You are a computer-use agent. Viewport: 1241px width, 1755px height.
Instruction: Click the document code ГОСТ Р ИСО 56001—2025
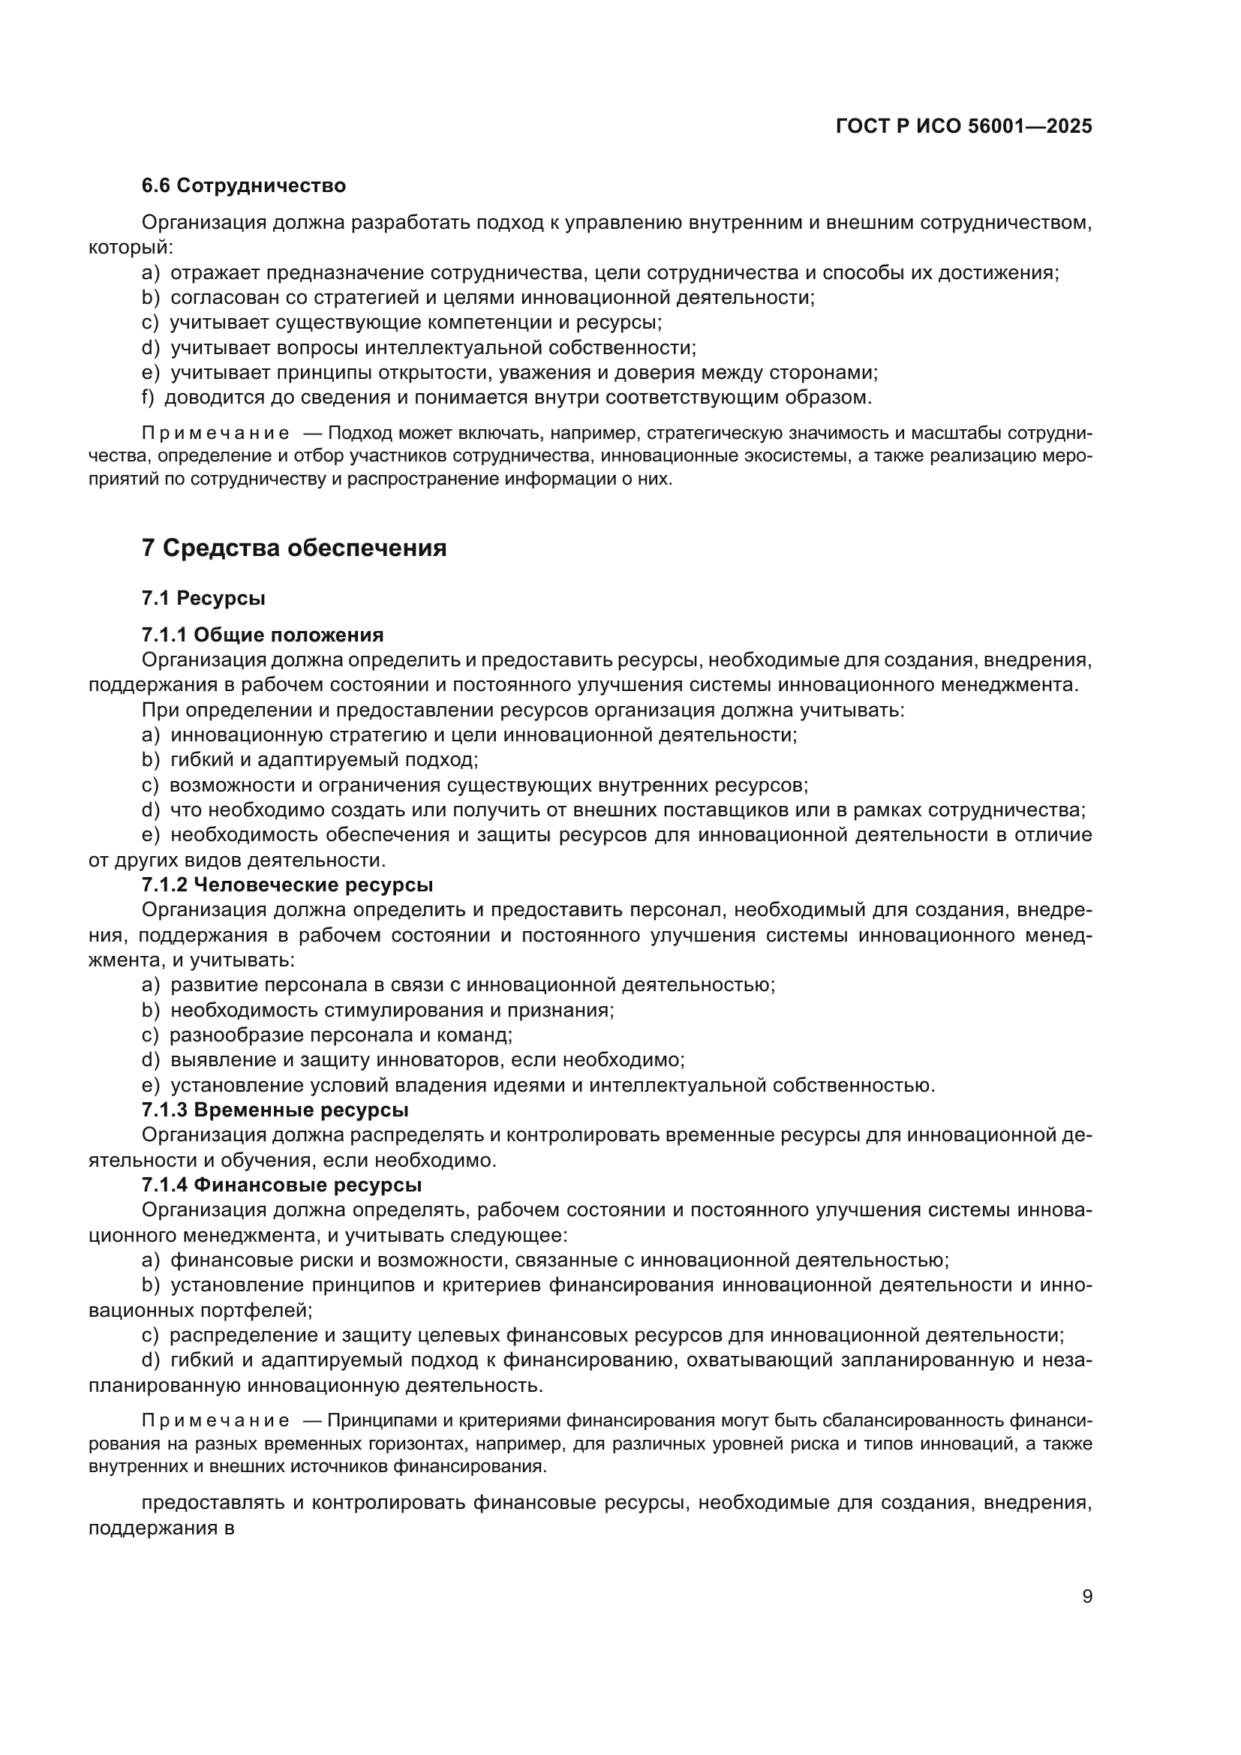coord(963,126)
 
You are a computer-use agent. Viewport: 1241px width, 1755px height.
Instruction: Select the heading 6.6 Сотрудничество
coord(243,186)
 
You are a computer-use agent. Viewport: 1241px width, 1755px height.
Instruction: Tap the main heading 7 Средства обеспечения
coord(294,548)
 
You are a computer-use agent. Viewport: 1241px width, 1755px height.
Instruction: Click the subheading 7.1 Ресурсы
coord(203,598)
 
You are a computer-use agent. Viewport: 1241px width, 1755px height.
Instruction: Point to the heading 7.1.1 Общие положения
coord(262,636)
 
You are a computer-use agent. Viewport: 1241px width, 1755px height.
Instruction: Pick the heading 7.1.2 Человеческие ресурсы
coord(287,885)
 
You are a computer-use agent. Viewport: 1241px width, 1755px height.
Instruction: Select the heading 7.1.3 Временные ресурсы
coord(275,1109)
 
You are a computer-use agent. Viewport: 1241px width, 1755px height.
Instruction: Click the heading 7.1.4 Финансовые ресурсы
coord(281,1185)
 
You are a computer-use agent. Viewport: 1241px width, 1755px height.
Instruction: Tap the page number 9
coord(1086,1597)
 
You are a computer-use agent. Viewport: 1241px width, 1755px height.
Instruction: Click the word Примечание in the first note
coord(215,434)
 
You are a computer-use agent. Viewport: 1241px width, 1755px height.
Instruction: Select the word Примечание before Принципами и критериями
coord(215,1421)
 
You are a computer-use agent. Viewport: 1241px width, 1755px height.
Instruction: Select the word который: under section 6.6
coord(131,248)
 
